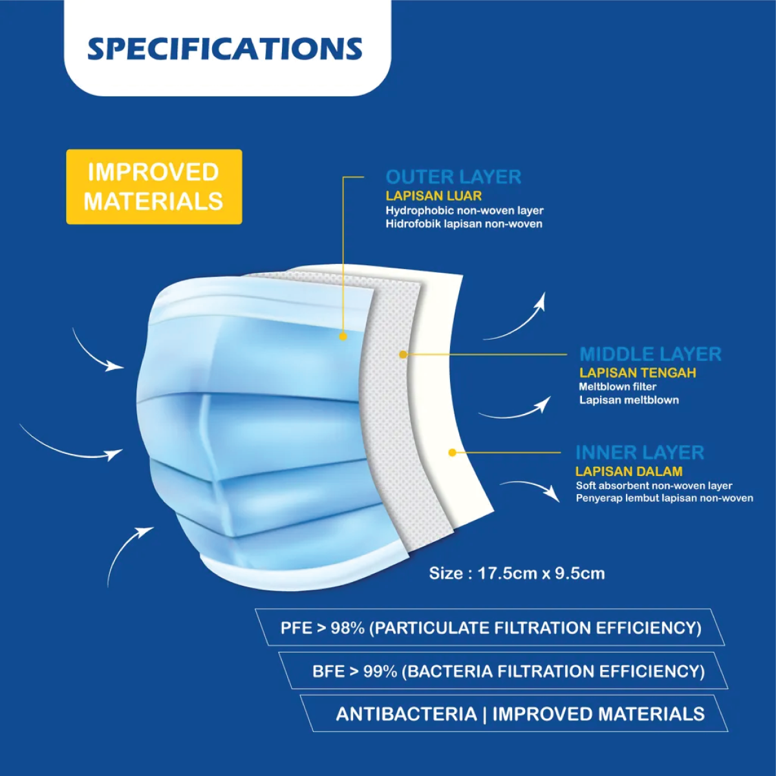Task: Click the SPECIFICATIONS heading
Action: click(224, 49)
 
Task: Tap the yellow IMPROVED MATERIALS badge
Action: click(155, 186)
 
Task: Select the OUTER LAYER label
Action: click(453, 177)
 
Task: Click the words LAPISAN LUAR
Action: click(434, 196)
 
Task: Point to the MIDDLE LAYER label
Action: click(651, 354)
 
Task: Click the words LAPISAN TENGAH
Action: click(638, 373)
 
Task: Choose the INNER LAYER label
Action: click(640, 452)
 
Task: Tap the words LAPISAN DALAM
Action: click(629, 471)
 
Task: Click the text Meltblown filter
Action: click(618, 387)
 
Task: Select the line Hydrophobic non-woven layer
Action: click(465, 211)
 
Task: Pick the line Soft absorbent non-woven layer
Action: click(654, 486)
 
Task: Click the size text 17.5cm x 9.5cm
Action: click(541, 574)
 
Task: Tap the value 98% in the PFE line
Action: click(348, 628)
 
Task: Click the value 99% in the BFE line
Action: click(380, 671)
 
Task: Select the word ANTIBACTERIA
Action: click(406, 715)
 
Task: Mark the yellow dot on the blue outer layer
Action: click(343, 336)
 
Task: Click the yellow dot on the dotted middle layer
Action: click(403, 354)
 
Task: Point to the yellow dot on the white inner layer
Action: click(452, 453)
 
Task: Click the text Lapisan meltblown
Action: click(629, 400)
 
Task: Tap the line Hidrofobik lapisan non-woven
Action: click(464, 224)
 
